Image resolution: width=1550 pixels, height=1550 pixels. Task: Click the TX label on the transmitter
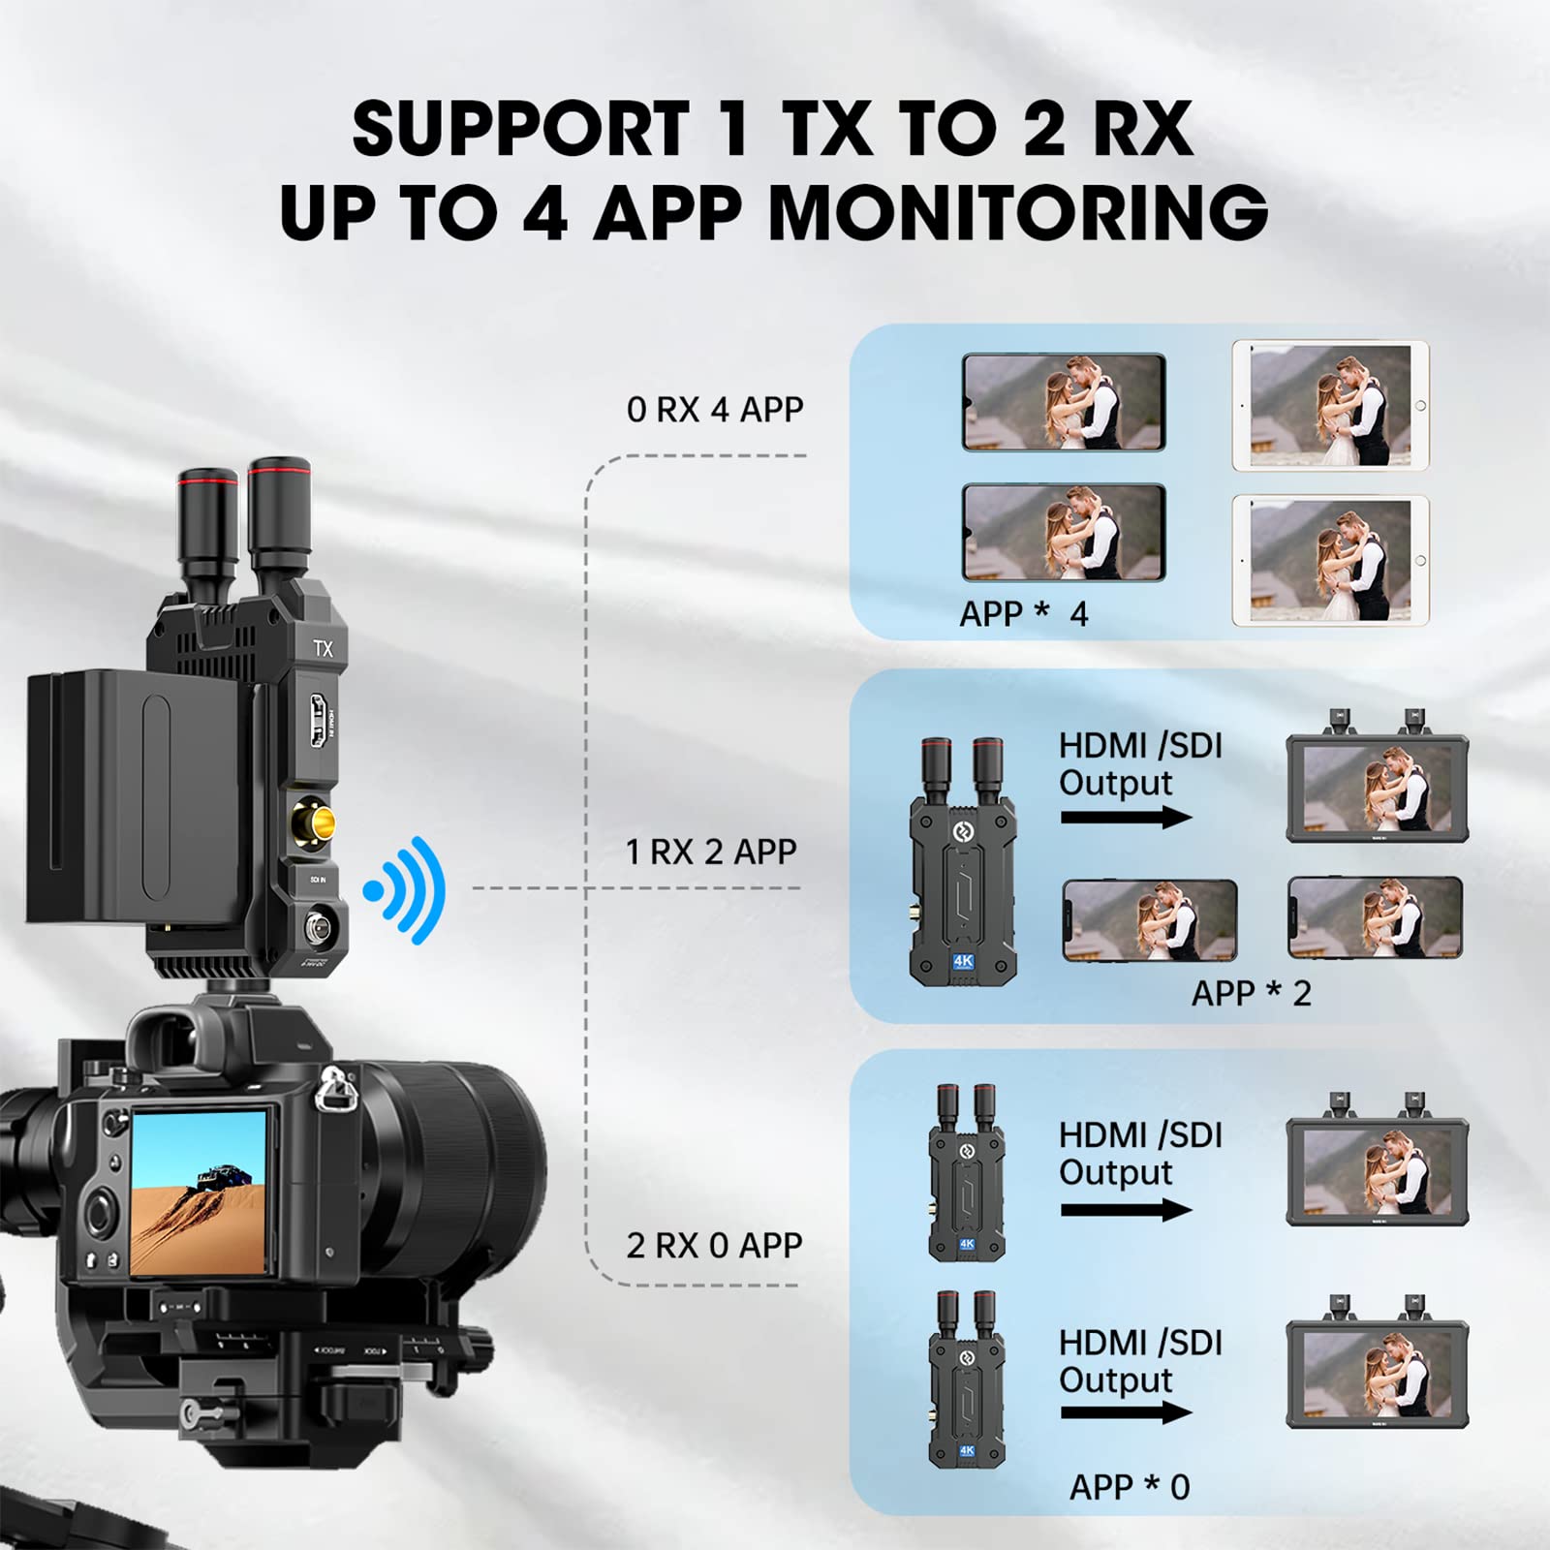point(323,648)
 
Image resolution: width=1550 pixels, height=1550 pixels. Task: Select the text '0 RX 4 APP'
point(715,409)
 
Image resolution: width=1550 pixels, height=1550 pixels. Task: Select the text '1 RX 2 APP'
point(711,852)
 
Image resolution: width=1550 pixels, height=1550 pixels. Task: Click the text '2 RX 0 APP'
point(714,1245)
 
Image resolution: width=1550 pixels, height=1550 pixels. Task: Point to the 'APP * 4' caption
point(1023,613)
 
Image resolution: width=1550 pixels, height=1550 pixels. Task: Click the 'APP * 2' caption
point(1251,993)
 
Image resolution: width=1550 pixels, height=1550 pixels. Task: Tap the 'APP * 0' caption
point(1129,1486)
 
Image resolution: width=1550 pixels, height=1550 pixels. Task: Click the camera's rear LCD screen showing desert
point(199,1192)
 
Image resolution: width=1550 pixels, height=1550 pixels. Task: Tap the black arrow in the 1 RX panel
point(1125,818)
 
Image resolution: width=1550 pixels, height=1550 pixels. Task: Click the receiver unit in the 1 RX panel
point(962,862)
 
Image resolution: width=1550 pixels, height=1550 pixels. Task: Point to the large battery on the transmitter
point(136,794)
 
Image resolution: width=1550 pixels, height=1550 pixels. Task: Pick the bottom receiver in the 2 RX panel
point(966,1380)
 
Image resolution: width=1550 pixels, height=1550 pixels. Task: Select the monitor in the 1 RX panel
point(1377,787)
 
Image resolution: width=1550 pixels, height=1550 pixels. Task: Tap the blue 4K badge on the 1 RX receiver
point(963,961)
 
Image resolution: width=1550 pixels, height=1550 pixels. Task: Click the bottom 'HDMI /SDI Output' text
point(1140,1361)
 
